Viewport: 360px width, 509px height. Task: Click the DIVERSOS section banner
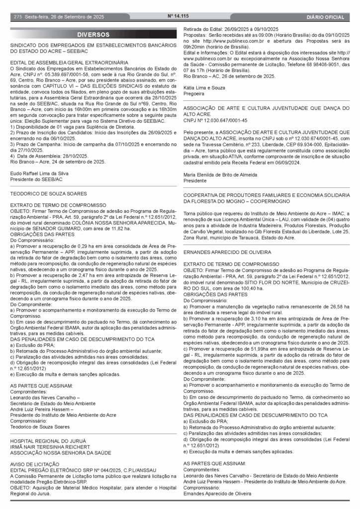tap(93, 35)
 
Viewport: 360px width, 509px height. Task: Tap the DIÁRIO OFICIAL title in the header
tap(326, 17)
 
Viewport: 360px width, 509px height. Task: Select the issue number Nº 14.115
tap(178, 16)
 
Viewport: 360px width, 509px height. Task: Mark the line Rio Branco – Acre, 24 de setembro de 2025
tap(58, 162)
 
